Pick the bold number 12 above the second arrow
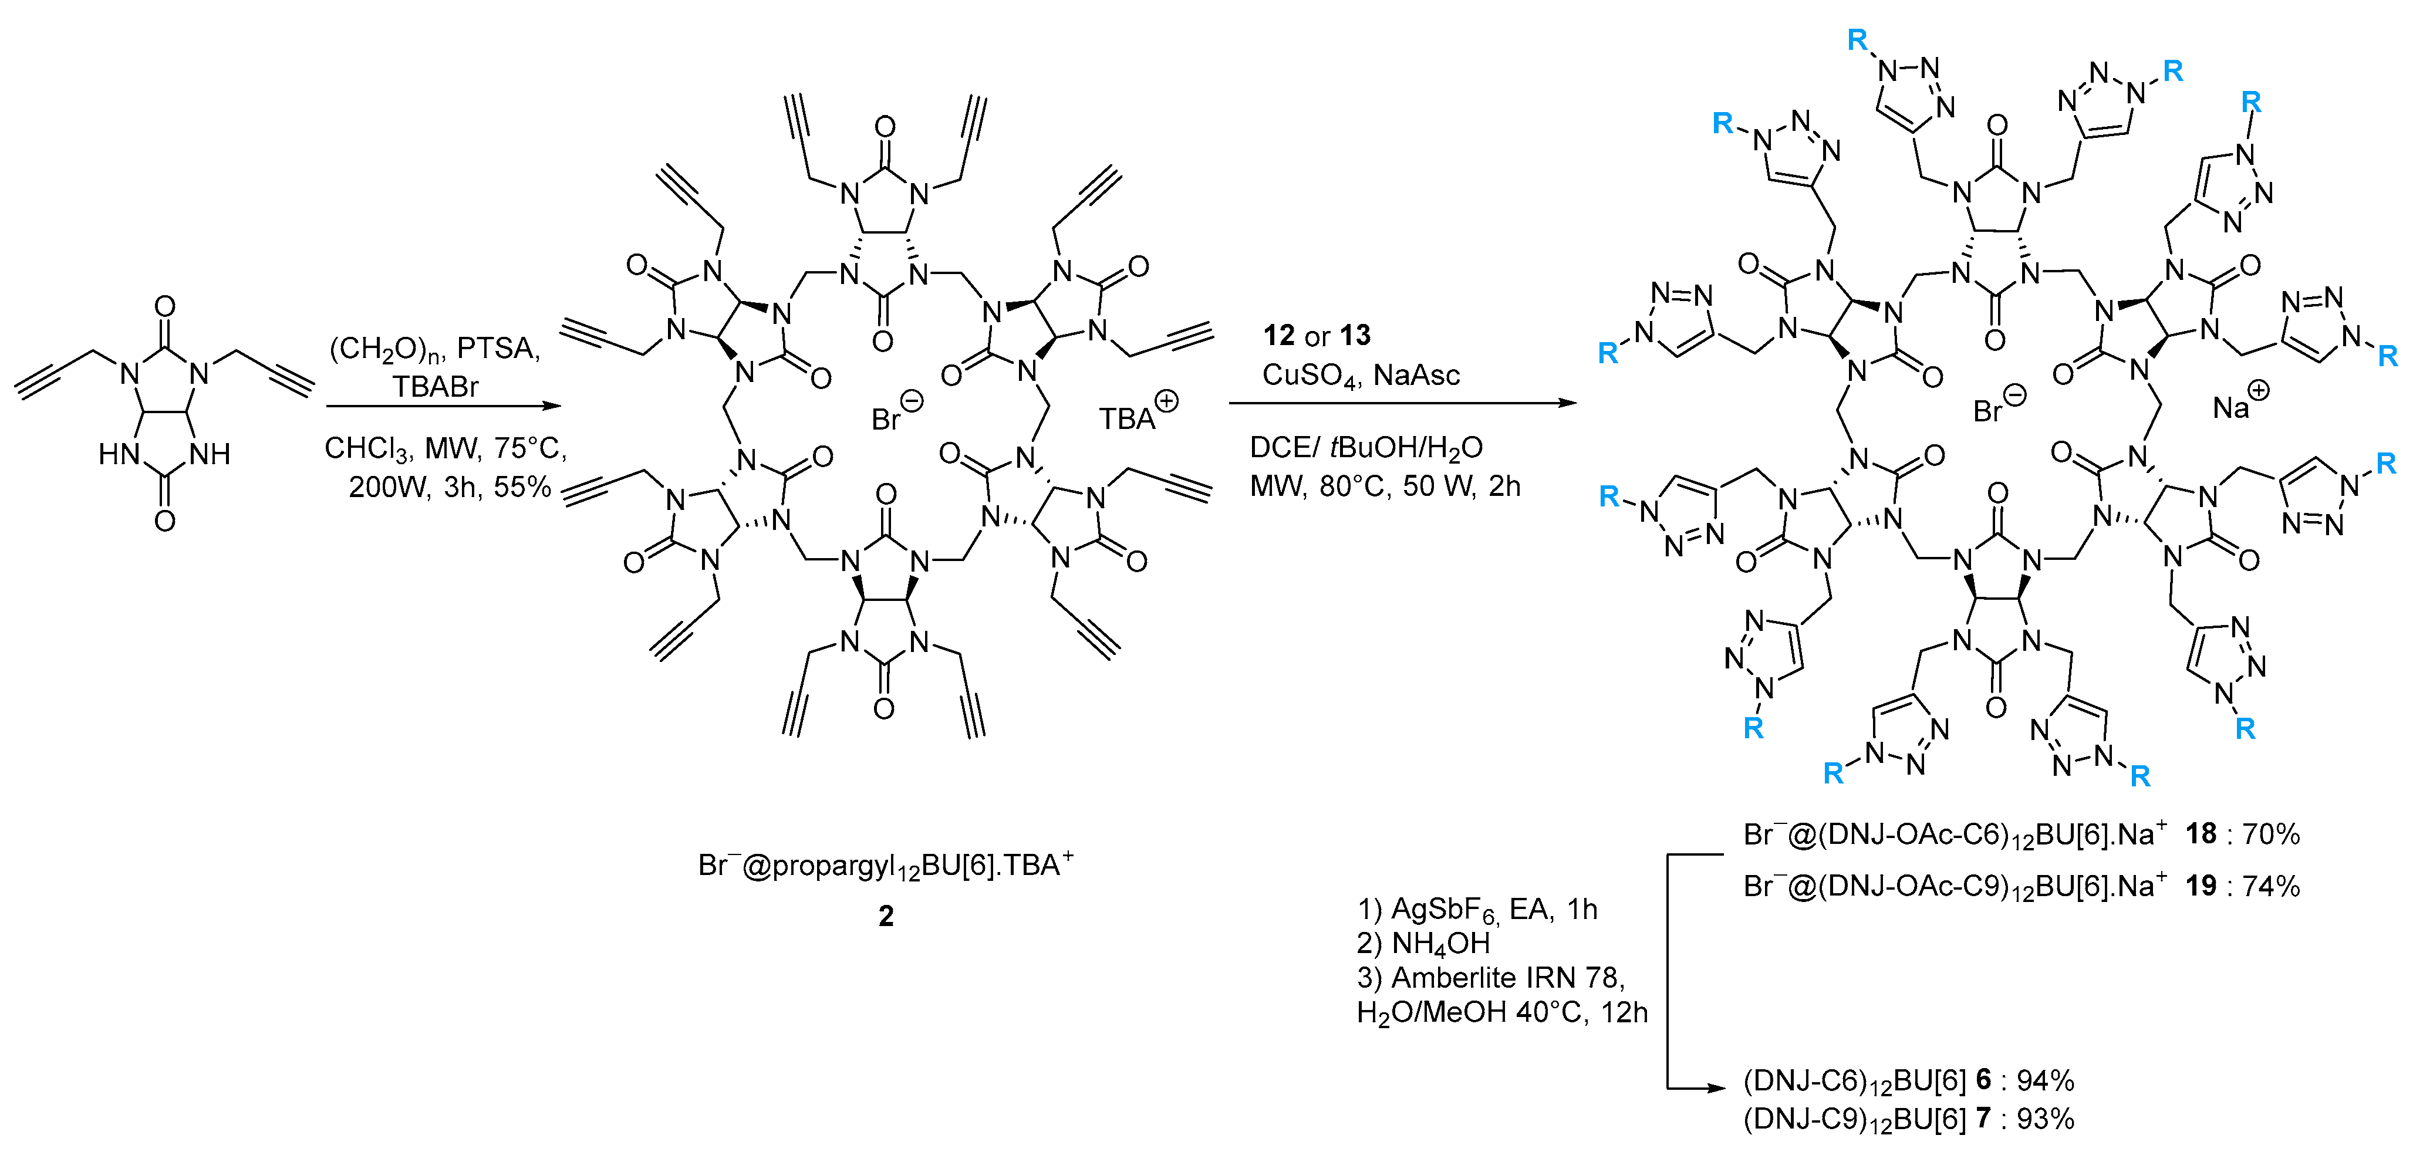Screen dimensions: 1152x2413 pyautogui.click(x=1278, y=335)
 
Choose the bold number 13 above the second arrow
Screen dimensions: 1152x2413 pyautogui.click(x=1355, y=335)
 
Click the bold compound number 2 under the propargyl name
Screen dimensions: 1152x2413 pyautogui.click(x=885, y=916)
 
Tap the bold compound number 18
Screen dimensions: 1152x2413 pyautogui.click(x=2201, y=833)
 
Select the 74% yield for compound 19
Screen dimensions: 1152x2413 pyautogui.click(x=2270, y=886)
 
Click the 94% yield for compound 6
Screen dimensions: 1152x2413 pyautogui.click(x=2045, y=1081)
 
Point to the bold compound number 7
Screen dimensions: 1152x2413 pyautogui.click(x=1982, y=1119)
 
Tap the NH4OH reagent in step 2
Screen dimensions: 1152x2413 pyautogui.click(x=1440, y=943)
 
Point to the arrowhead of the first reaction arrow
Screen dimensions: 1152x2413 pyautogui.click(x=553, y=406)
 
